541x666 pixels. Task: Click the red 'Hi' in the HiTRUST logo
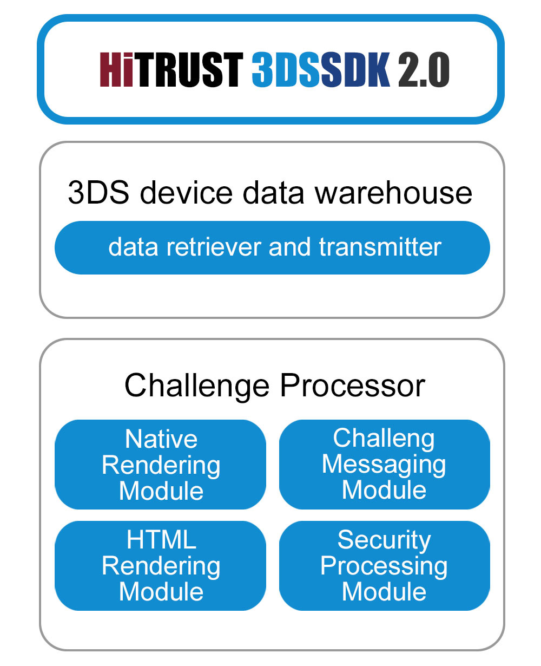[116, 69]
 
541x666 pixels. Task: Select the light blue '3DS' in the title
[286, 69]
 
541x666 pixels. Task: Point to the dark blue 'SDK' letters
[355, 69]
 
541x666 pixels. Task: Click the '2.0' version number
[424, 69]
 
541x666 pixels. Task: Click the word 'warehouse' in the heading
[393, 193]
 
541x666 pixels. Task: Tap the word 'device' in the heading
[186, 193]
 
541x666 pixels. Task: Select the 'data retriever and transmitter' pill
[272, 247]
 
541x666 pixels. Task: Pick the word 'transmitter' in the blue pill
[380, 247]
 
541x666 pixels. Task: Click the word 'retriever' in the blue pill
[214, 247]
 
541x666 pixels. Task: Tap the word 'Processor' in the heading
[353, 386]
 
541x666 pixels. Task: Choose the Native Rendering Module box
[160, 465]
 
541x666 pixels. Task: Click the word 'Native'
[161, 439]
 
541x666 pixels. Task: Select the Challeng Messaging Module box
[385, 465]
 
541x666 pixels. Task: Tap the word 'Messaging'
[384, 465]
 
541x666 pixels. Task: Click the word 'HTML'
[161, 540]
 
